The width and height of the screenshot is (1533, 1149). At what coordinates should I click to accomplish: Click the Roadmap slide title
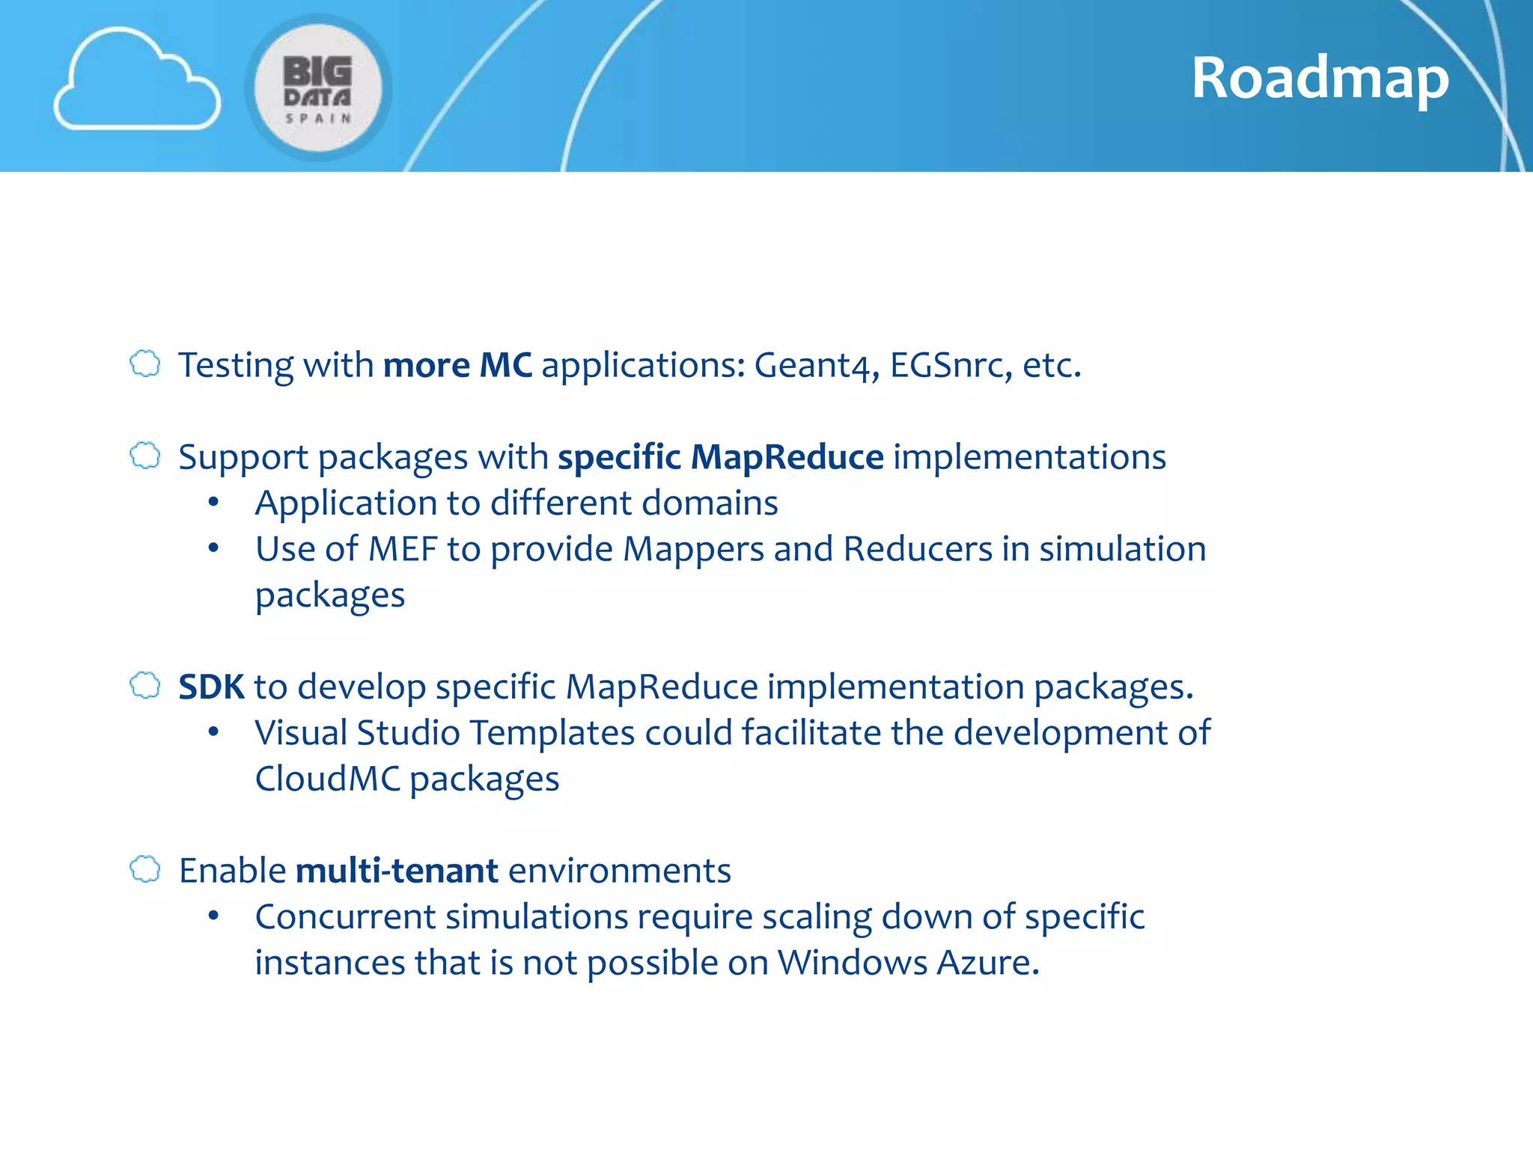pyautogui.click(x=1320, y=78)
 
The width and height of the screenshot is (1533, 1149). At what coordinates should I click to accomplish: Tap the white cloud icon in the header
pyautogui.click(x=137, y=81)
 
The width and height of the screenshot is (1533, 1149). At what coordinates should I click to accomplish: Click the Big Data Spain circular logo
pyautogui.click(x=318, y=88)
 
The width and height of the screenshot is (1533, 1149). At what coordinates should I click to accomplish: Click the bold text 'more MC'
pyautogui.click(x=457, y=366)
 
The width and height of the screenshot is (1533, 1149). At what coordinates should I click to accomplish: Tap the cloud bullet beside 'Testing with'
pyautogui.click(x=145, y=364)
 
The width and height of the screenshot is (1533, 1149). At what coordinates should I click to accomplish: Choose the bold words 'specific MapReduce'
pyautogui.click(x=720, y=457)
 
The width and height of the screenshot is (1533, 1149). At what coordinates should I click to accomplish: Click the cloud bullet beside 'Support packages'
pyautogui.click(x=145, y=456)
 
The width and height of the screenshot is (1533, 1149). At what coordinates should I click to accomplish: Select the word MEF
pyautogui.click(x=403, y=549)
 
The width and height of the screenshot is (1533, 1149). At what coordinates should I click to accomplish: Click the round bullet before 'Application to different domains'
pyautogui.click(x=214, y=503)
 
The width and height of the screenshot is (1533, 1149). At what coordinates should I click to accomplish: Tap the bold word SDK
pyautogui.click(x=211, y=687)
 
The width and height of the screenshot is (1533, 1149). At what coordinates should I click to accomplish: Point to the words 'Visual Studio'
pyautogui.click(x=357, y=733)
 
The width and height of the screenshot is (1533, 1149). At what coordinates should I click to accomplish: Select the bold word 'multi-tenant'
pyautogui.click(x=397, y=871)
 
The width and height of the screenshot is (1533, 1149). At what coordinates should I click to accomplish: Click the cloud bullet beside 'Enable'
pyautogui.click(x=145, y=869)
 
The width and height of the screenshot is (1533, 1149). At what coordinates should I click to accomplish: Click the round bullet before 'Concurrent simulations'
pyautogui.click(x=214, y=916)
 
